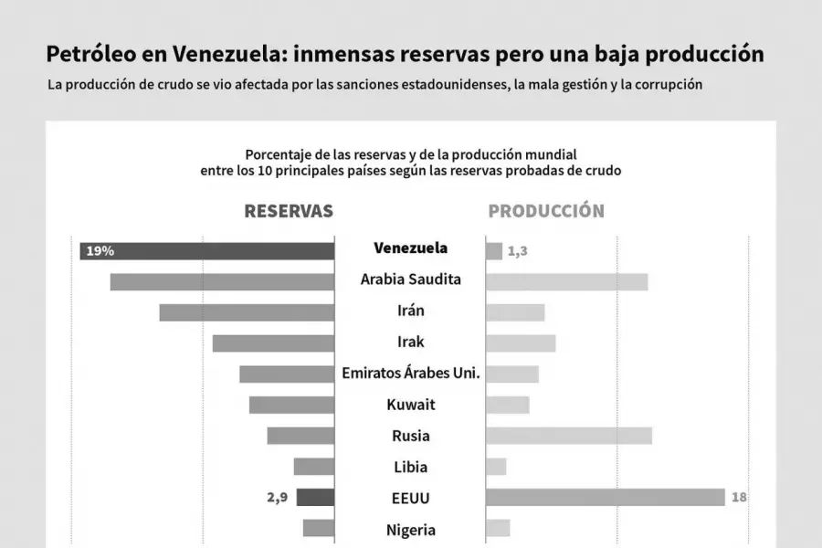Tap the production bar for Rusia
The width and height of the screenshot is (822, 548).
569,436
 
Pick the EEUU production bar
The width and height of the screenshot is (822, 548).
606,497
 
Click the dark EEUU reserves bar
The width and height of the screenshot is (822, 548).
315,498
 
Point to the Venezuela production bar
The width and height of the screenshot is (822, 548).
494,250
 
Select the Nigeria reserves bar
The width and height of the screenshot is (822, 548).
319,528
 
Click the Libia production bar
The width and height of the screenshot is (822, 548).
496,467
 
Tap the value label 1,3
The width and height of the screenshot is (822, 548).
517,251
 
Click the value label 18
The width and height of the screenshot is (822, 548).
740,498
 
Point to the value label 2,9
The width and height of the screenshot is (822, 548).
277,498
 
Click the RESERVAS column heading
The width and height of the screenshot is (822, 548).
289,211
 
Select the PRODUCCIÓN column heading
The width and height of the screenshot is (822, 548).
546,211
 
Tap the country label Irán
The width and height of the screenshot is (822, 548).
411,311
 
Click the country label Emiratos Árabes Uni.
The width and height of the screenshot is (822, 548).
411,373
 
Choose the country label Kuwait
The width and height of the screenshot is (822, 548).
411,404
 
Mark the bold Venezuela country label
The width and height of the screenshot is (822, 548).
411,248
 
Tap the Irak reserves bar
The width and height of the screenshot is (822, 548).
273,343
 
